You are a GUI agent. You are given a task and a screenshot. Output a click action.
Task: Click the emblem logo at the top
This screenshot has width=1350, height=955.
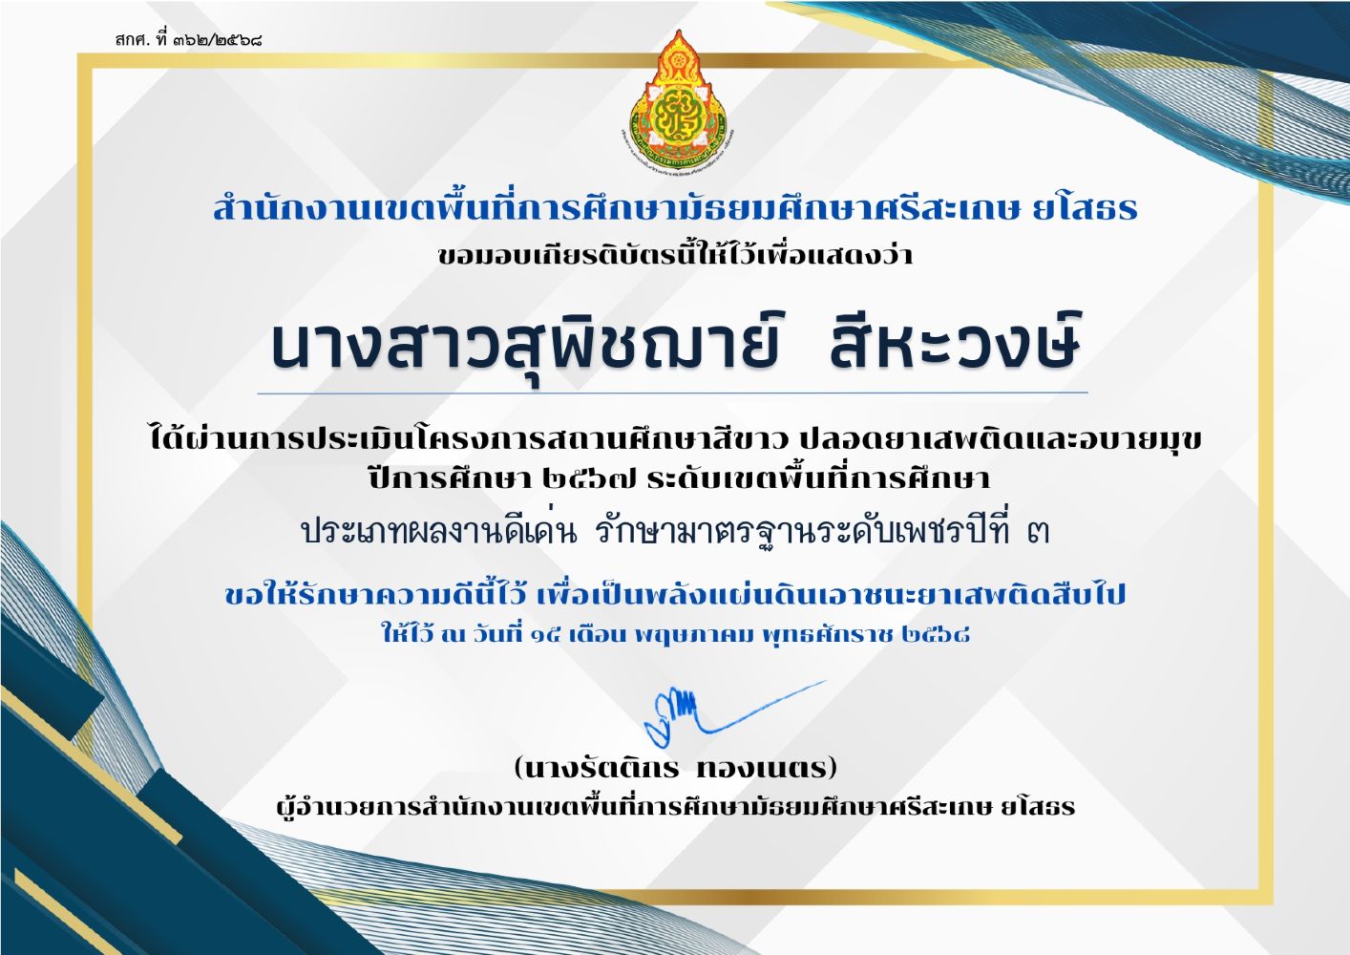(676, 101)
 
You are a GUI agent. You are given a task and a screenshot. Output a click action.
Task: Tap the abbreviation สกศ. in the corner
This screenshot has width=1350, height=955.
(132, 41)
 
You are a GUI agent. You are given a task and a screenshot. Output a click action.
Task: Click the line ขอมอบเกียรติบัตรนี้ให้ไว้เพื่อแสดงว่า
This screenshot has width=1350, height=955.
(675, 253)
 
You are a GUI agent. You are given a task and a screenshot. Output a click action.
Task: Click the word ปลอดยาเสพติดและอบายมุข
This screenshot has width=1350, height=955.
(1001, 439)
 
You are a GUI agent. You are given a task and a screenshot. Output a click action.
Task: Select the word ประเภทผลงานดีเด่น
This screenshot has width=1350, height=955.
(440, 532)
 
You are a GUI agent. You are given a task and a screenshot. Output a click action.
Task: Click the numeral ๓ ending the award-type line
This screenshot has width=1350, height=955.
(1038, 533)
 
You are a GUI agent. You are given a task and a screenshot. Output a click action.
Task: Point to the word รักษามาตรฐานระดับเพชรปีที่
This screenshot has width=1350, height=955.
(802, 532)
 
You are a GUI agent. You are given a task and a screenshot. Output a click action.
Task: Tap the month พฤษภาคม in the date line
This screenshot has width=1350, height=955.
(695, 635)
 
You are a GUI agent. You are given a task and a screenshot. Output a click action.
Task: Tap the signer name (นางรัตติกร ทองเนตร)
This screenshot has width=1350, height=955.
(676, 768)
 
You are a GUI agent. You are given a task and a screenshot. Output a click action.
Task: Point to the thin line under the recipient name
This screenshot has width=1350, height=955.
(672, 393)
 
